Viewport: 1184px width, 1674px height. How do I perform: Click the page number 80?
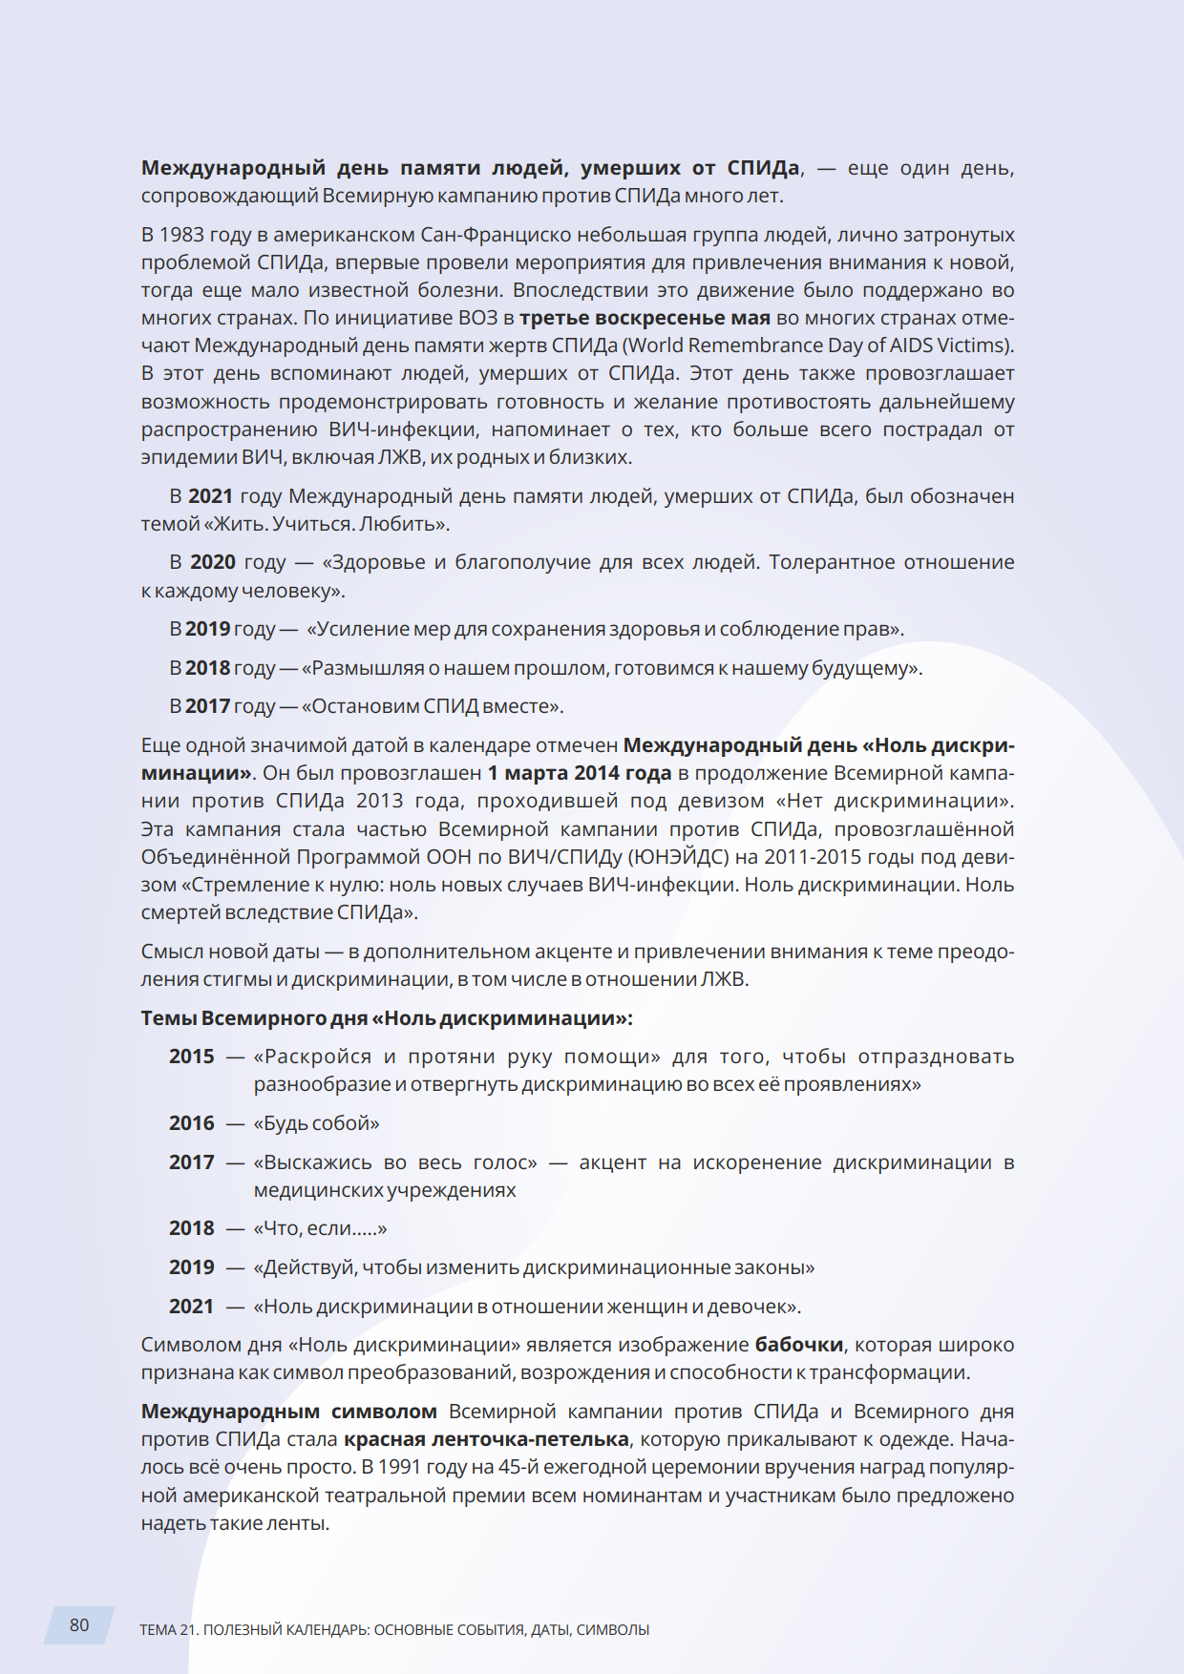[79, 1625]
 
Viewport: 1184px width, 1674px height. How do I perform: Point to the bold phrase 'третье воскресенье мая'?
[645, 318]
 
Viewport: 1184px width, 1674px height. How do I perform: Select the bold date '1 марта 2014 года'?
[580, 773]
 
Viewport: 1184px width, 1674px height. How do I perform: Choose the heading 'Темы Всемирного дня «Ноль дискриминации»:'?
[387, 1018]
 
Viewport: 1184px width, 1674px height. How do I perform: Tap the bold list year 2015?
[192, 1057]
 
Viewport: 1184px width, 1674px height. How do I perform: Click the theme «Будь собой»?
[316, 1123]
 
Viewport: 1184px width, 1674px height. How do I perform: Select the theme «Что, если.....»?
[320, 1228]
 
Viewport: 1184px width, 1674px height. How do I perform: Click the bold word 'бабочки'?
[799, 1345]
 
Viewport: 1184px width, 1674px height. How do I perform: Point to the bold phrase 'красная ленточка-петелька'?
[486, 1439]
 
